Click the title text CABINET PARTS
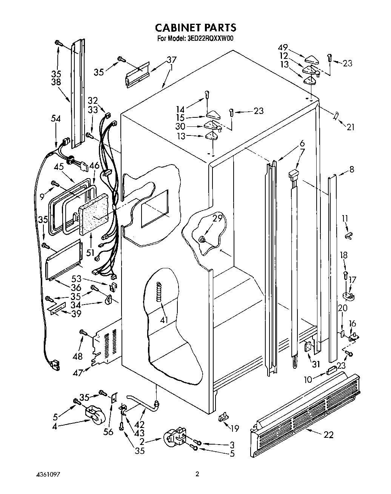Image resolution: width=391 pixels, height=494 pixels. (196, 27)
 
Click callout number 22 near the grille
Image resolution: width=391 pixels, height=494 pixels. (329, 435)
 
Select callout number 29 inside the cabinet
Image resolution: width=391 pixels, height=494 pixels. (217, 218)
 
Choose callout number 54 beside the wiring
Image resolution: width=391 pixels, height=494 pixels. (56, 118)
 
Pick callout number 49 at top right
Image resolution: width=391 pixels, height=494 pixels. (283, 48)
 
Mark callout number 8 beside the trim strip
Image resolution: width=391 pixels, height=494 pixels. (351, 169)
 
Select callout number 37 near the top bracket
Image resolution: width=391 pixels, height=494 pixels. (172, 60)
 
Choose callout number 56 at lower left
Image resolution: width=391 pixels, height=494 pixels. (108, 432)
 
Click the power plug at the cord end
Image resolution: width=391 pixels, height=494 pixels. (54, 364)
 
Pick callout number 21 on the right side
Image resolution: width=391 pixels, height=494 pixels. (351, 127)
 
